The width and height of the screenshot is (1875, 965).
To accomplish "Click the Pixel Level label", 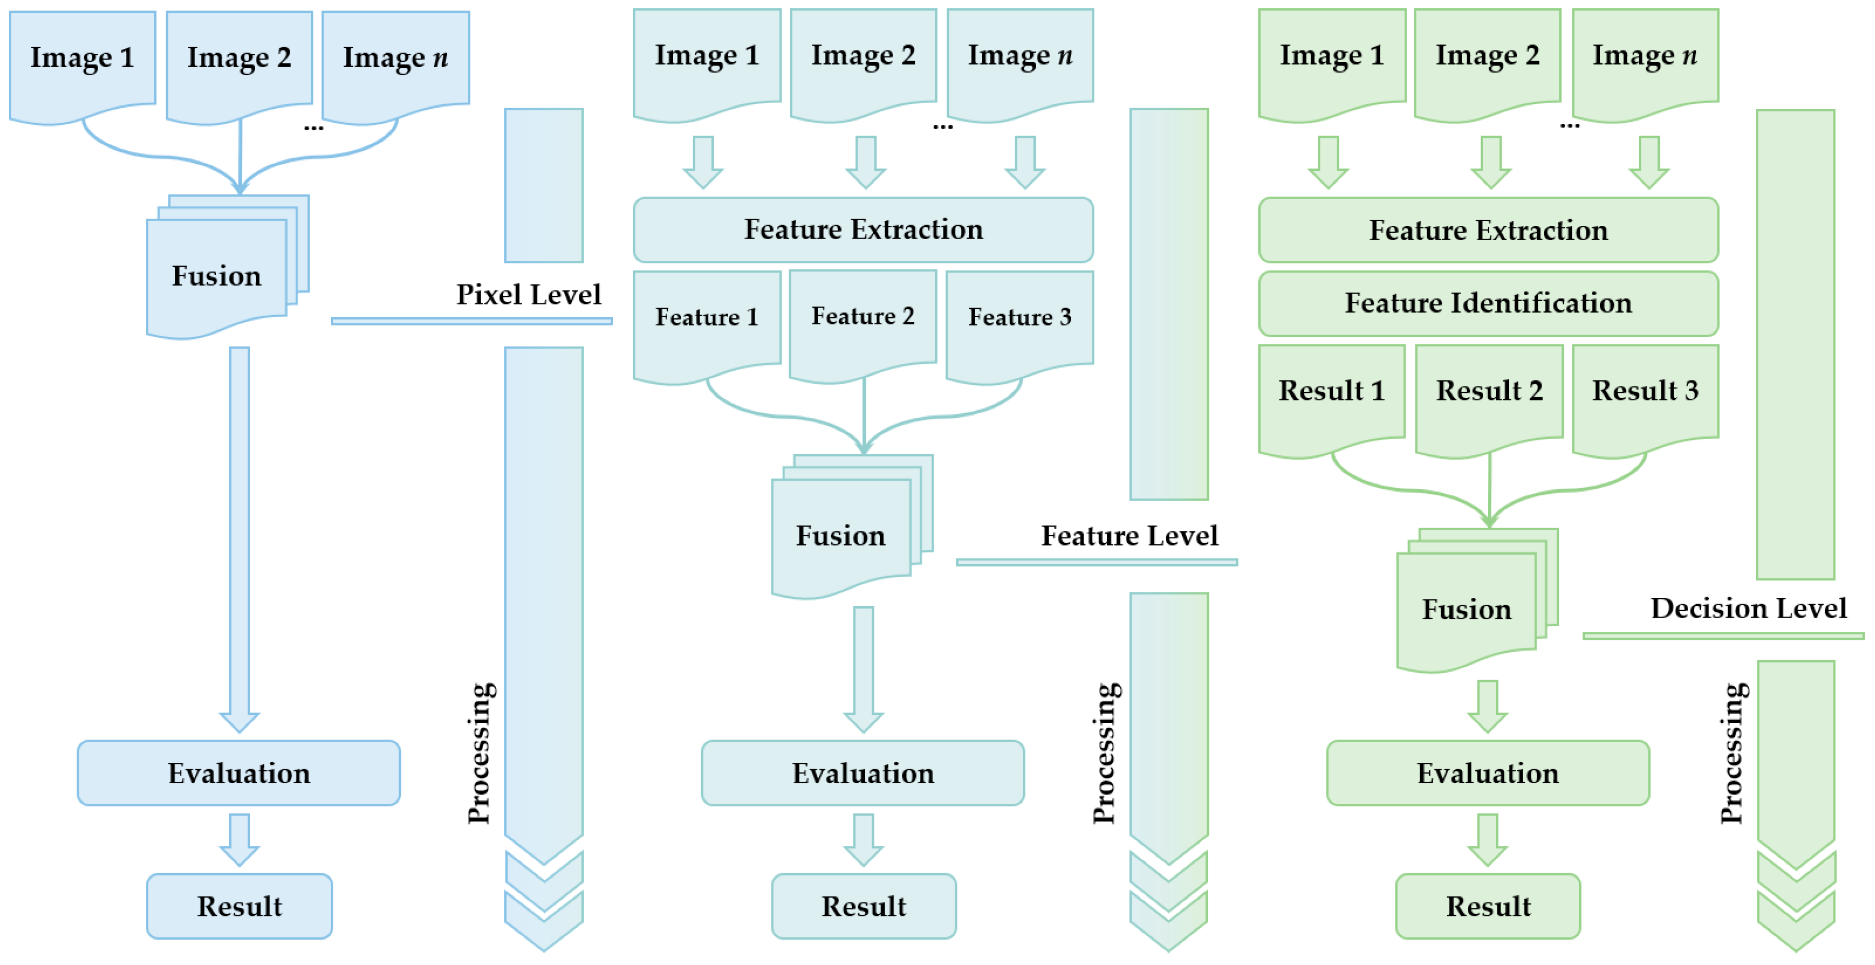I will pos(528,295).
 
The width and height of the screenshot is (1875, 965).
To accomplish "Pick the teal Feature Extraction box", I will pos(863,230).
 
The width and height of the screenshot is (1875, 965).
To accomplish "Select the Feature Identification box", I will pos(1488,303).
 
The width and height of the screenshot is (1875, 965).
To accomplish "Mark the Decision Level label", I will pos(1748,608).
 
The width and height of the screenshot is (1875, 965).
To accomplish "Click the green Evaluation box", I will pos(1488,773).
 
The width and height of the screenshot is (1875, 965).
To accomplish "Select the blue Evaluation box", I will pos(239,773).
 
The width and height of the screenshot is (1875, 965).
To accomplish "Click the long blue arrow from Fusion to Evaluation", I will pos(239,538).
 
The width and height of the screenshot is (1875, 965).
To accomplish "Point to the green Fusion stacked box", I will pos(1467,610).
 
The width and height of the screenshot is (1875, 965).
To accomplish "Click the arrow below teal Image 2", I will pos(865,162).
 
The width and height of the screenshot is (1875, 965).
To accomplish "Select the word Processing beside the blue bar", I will pos(480,753).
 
